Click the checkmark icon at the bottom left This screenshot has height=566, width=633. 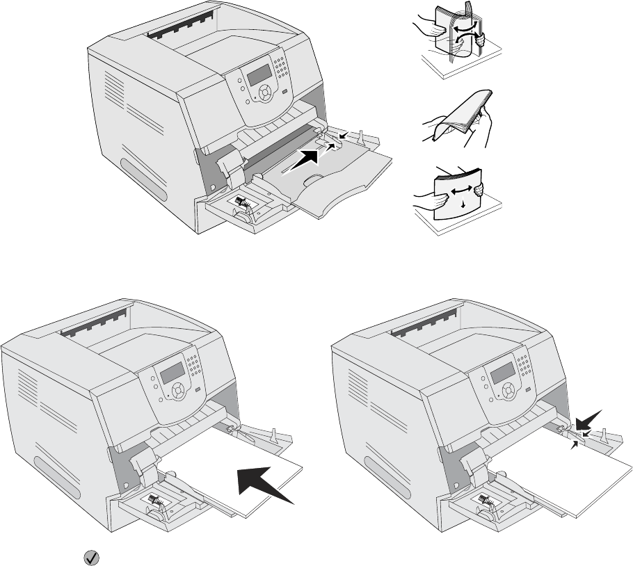point(90,556)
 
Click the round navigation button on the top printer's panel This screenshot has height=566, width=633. point(265,92)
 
